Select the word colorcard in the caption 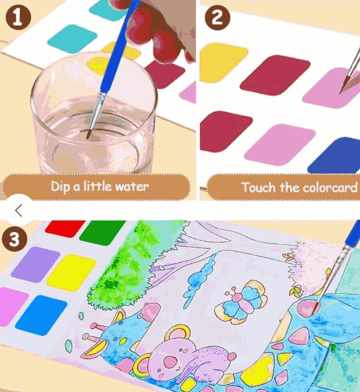click(329, 187)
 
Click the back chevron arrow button click(18, 210)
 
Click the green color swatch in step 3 click(102, 231)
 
